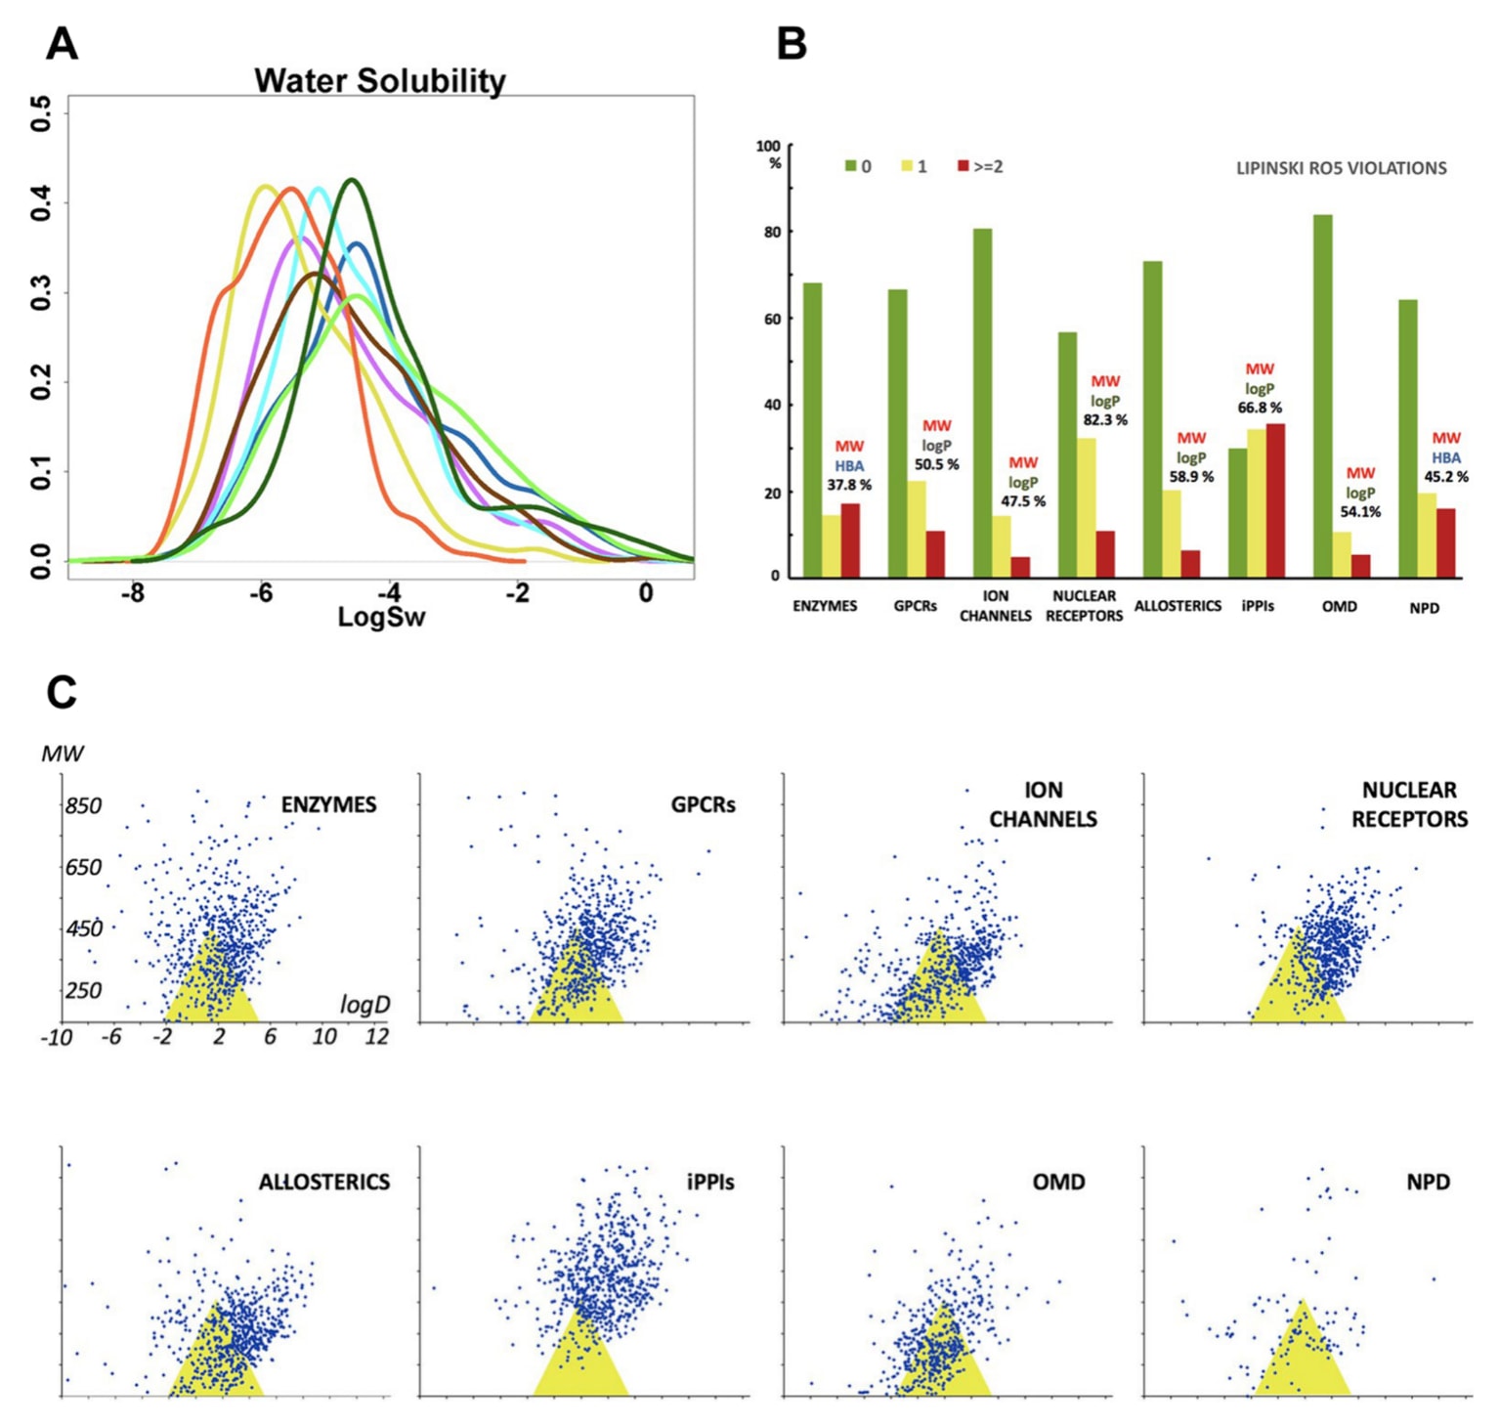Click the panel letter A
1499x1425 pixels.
(x=62, y=44)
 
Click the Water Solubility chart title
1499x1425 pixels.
(x=380, y=80)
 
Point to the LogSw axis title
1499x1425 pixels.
(x=381, y=618)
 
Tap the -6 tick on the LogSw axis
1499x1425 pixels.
(x=260, y=593)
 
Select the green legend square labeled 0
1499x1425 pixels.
(x=850, y=167)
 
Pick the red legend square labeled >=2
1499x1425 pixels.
(x=963, y=167)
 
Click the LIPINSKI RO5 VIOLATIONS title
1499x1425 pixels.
(x=1341, y=168)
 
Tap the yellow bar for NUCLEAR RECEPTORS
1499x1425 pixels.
(x=1086, y=508)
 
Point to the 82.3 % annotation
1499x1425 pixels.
(x=1105, y=420)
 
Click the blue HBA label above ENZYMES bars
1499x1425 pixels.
(x=849, y=466)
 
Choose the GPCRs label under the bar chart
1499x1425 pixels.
(x=915, y=606)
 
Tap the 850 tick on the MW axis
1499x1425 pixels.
(x=83, y=806)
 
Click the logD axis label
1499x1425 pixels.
(x=364, y=1005)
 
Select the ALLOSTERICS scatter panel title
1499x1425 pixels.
(x=323, y=1183)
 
